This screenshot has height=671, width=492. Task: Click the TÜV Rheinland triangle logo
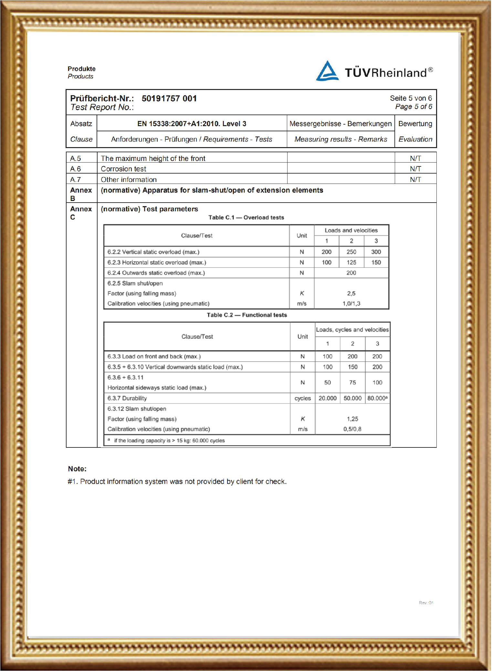[327, 71]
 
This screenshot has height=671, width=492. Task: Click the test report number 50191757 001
[169, 98]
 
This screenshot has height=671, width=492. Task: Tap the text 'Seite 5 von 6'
[411, 98]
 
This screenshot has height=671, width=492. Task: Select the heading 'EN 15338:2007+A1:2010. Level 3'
[192, 124]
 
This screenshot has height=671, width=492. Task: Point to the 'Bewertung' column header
[415, 124]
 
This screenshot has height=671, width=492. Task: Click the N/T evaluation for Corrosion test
[415, 169]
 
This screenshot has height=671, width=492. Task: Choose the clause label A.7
[75, 180]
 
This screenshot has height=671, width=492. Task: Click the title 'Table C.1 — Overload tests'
[246, 217]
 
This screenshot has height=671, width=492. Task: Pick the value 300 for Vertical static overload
[376, 252]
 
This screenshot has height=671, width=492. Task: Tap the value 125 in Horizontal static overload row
[351, 263]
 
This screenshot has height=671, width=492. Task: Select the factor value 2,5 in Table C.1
[351, 294]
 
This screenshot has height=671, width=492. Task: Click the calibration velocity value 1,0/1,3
[351, 304]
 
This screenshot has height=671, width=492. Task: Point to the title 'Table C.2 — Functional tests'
[247, 315]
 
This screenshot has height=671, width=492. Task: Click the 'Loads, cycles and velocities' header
[352, 330]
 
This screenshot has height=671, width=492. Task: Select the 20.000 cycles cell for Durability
[328, 398]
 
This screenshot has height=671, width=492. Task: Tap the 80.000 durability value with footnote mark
[377, 398]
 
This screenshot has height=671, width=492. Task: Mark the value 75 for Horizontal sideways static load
[352, 383]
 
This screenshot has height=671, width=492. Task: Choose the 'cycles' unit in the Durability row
[303, 398]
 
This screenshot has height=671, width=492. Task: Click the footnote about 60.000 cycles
[169, 441]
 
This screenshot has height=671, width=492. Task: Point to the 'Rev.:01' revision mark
[426, 603]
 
